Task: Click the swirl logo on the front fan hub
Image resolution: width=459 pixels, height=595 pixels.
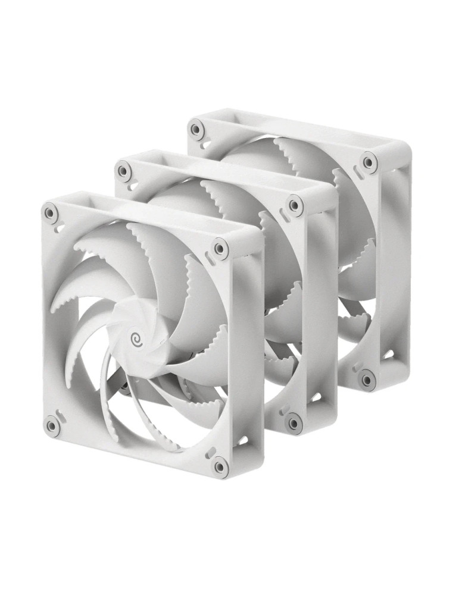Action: click(138, 337)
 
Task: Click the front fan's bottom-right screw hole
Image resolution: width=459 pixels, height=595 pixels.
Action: click(220, 465)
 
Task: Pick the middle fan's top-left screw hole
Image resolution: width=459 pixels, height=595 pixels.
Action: click(123, 171)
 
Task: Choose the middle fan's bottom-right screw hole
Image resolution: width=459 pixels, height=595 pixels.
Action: click(293, 422)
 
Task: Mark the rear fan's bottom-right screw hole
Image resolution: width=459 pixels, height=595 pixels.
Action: click(368, 377)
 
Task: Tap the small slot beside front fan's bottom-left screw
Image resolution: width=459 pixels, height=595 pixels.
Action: click(58, 411)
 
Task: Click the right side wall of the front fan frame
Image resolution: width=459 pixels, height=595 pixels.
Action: click(253, 357)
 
